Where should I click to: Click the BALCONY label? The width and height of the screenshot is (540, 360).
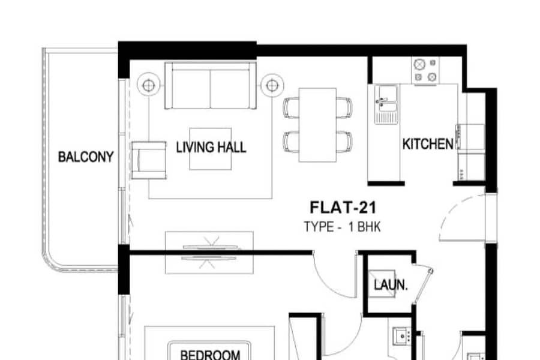pos(86,157)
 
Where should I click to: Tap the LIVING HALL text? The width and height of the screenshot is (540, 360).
pos(211,147)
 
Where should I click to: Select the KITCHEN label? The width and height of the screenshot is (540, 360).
pos(428,144)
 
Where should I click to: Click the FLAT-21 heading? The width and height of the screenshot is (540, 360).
pos(343,208)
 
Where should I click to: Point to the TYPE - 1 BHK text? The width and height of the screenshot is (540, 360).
pos(343,227)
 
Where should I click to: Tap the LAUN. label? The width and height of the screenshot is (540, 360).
pos(391,285)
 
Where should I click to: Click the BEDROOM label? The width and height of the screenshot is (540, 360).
pos(210,355)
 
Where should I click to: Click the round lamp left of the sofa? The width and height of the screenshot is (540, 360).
pos(148,85)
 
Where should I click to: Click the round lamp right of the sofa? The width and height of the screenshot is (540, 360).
pos(272,85)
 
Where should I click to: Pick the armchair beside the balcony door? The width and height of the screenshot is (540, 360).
pos(149,160)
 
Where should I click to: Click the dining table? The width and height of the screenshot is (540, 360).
pos(317,125)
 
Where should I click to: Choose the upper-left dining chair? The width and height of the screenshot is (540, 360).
pos(291,108)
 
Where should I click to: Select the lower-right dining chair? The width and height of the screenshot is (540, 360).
pos(344,142)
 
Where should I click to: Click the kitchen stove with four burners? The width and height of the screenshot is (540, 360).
pos(425,70)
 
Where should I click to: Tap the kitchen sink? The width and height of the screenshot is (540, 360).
pos(386,104)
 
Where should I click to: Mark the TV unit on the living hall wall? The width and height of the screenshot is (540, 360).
pos(209,253)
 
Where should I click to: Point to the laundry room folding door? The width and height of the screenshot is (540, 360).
pos(423,284)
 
